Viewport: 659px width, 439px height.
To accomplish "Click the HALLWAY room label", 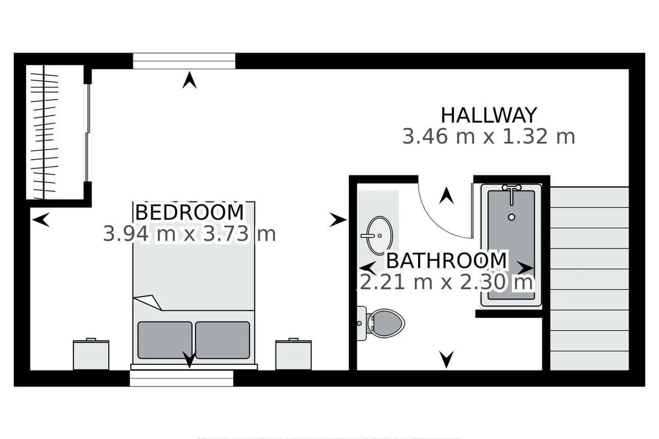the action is click(489, 115).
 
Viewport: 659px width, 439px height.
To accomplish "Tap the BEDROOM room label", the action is click(189, 212).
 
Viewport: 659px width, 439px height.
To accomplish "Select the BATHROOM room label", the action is click(446, 260).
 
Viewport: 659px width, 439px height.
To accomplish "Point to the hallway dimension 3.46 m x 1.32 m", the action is click(489, 137).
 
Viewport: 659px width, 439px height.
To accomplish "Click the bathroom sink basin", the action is click(380, 236).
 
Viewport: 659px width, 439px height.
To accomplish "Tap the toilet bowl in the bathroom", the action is click(385, 323).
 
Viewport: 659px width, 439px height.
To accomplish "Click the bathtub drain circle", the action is click(512, 217).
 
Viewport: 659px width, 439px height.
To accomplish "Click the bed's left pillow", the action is click(165, 340).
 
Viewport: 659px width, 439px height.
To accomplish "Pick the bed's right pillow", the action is click(223, 340).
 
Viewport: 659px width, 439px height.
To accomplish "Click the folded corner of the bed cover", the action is click(148, 302).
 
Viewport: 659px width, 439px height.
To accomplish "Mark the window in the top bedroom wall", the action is click(184, 61).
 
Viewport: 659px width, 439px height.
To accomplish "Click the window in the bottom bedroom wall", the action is click(181, 378).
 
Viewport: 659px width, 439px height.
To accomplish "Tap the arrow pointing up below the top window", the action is click(189, 80).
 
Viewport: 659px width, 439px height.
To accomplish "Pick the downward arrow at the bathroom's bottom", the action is click(447, 359).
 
